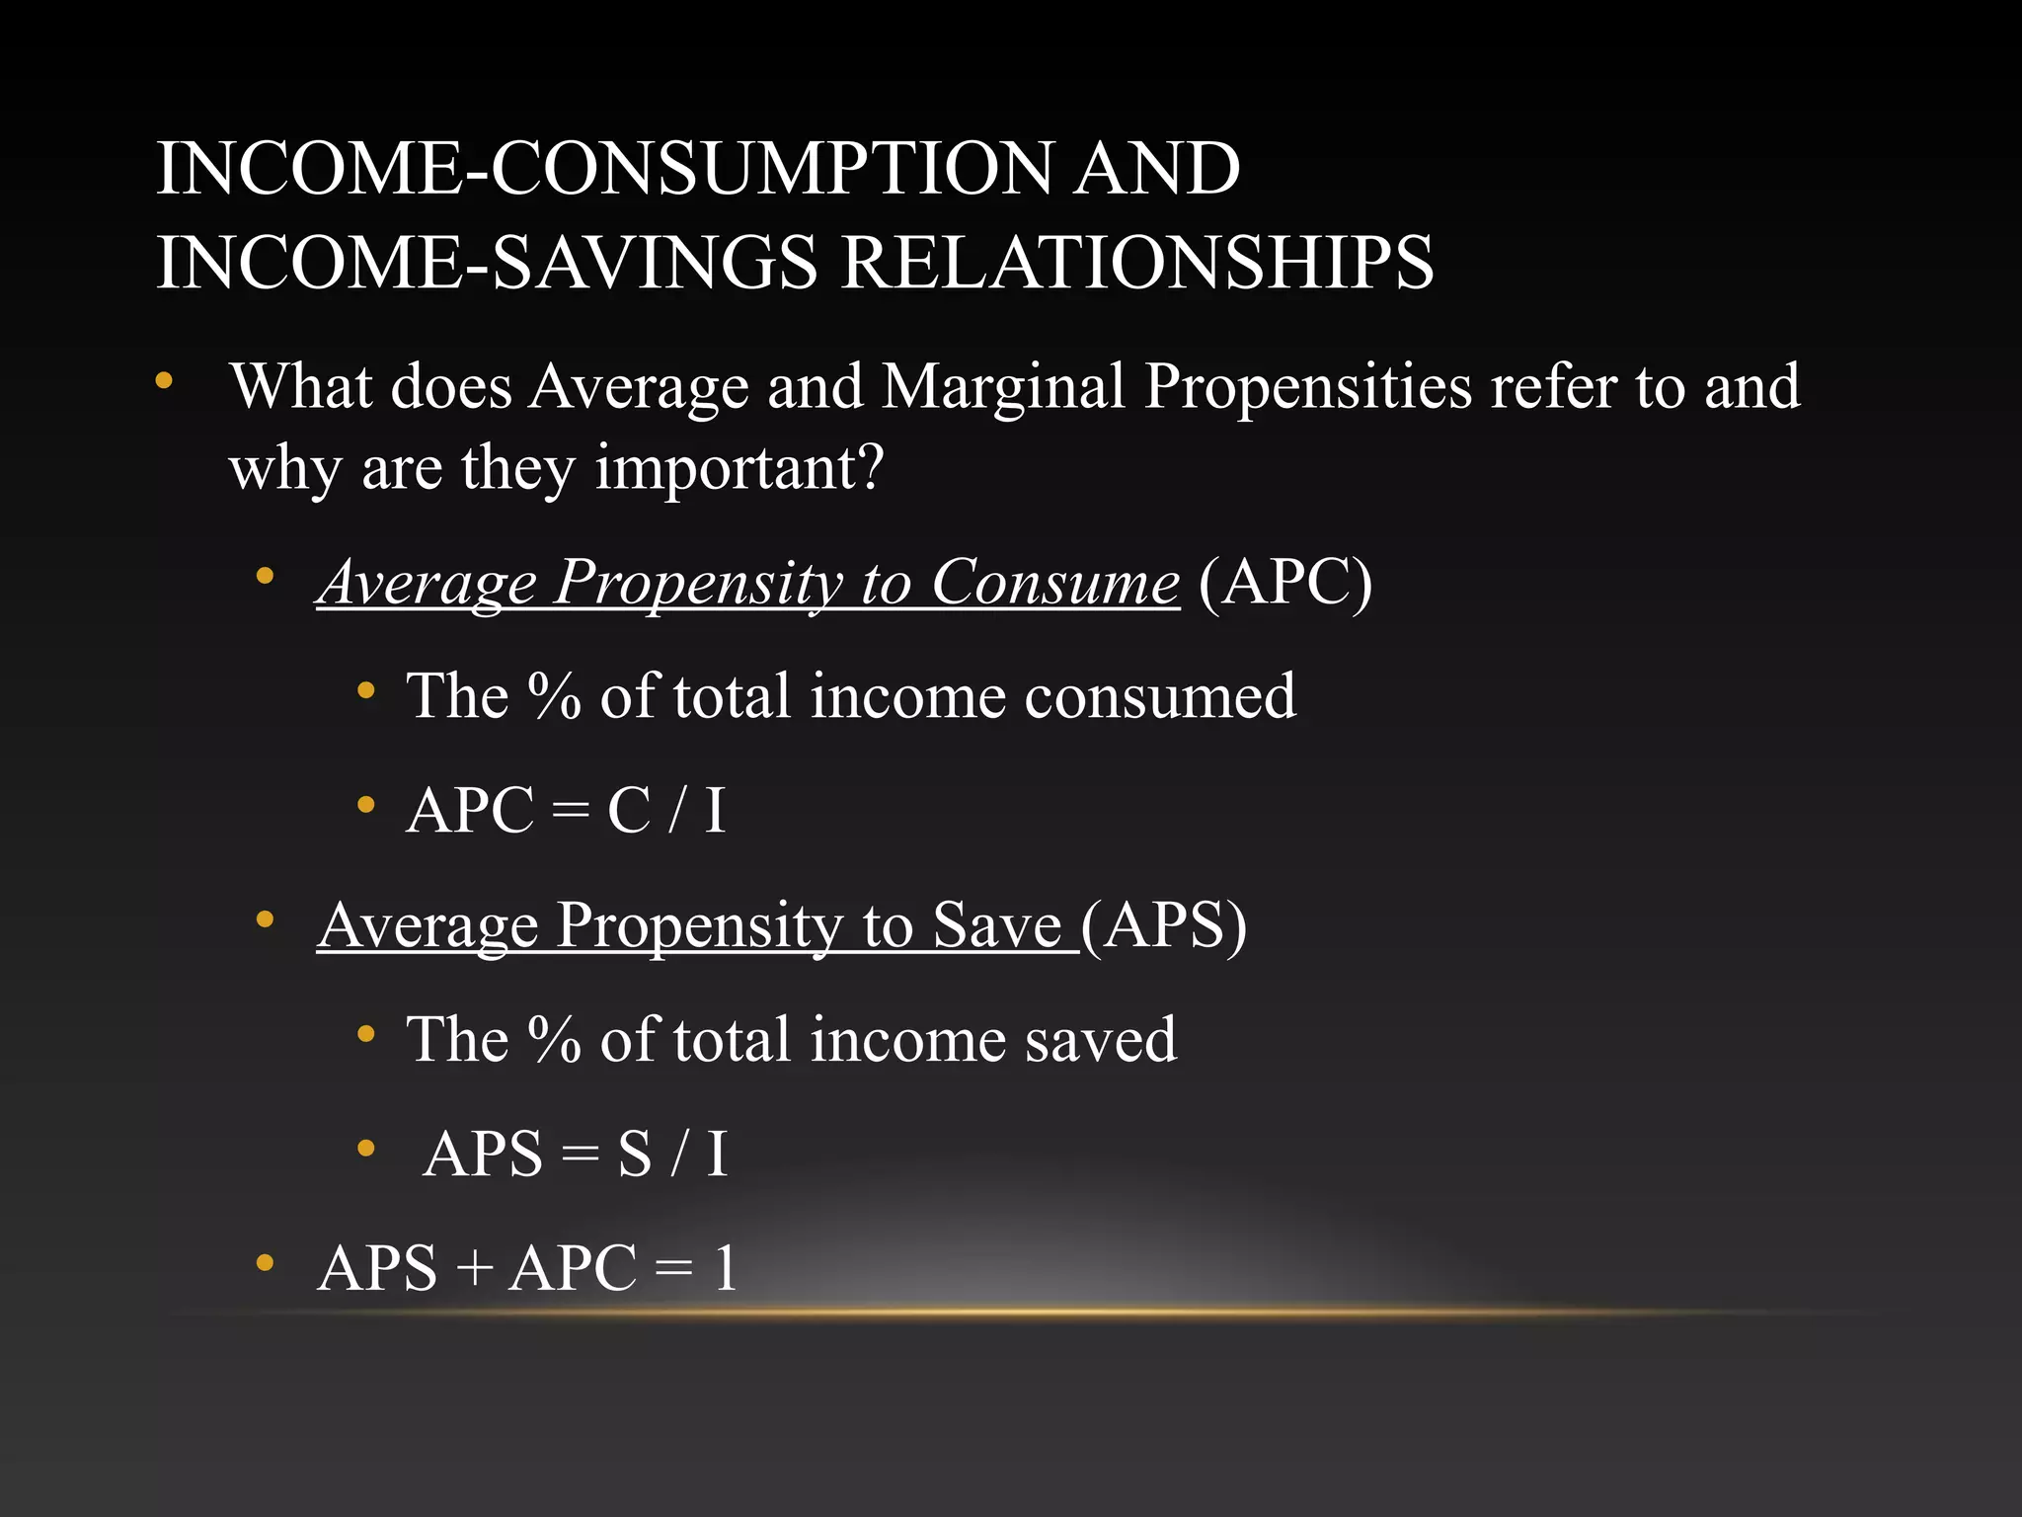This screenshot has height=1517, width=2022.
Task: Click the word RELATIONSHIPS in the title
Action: tap(1136, 262)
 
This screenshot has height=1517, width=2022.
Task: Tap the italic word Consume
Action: tap(1054, 582)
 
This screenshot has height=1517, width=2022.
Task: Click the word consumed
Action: tap(1160, 696)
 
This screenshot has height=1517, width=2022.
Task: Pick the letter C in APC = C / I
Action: tap(629, 811)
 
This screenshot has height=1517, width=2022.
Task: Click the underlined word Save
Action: tap(997, 925)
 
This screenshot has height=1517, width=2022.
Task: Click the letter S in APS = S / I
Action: tap(635, 1154)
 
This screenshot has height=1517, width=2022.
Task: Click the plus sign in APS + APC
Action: tap(474, 1268)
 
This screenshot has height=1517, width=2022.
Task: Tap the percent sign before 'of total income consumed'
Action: tap(554, 696)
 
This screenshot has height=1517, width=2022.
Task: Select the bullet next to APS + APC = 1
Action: tap(264, 1263)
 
